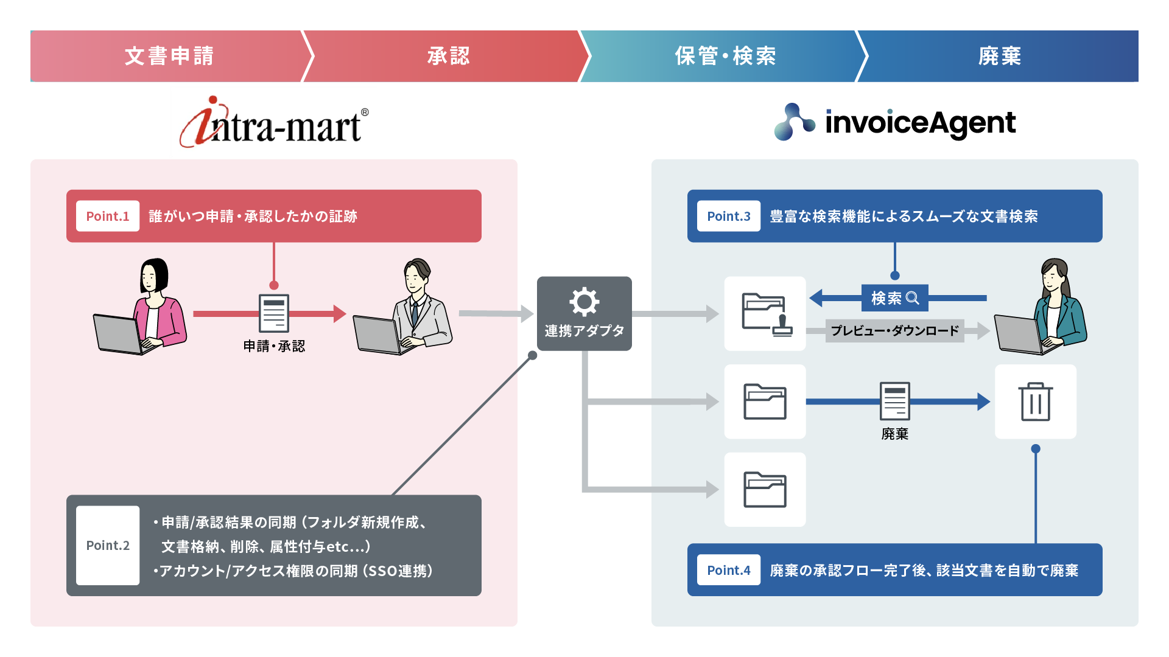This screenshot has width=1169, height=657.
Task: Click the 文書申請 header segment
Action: (169, 56)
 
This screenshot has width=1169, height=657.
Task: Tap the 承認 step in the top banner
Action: (448, 56)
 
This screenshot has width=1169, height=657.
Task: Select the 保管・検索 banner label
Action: (725, 56)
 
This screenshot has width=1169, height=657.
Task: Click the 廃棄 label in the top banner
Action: (999, 56)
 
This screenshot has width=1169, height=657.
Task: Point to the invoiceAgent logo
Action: (895, 122)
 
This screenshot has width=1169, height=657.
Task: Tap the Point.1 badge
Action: (108, 216)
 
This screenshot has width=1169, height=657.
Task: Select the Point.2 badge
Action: (108, 545)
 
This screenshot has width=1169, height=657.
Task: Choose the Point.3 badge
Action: (728, 216)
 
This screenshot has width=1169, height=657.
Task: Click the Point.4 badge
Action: (728, 570)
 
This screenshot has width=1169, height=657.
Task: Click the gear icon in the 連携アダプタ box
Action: (584, 302)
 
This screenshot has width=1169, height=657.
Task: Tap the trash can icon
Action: (1035, 401)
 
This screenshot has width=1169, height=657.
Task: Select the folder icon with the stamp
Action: (766, 314)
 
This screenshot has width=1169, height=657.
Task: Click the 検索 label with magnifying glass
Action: (894, 298)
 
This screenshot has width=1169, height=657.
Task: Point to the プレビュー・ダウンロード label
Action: (894, 330)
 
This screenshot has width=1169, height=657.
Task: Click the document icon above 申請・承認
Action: (274, 313)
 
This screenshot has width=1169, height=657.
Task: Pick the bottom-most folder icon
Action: (765, 490)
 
